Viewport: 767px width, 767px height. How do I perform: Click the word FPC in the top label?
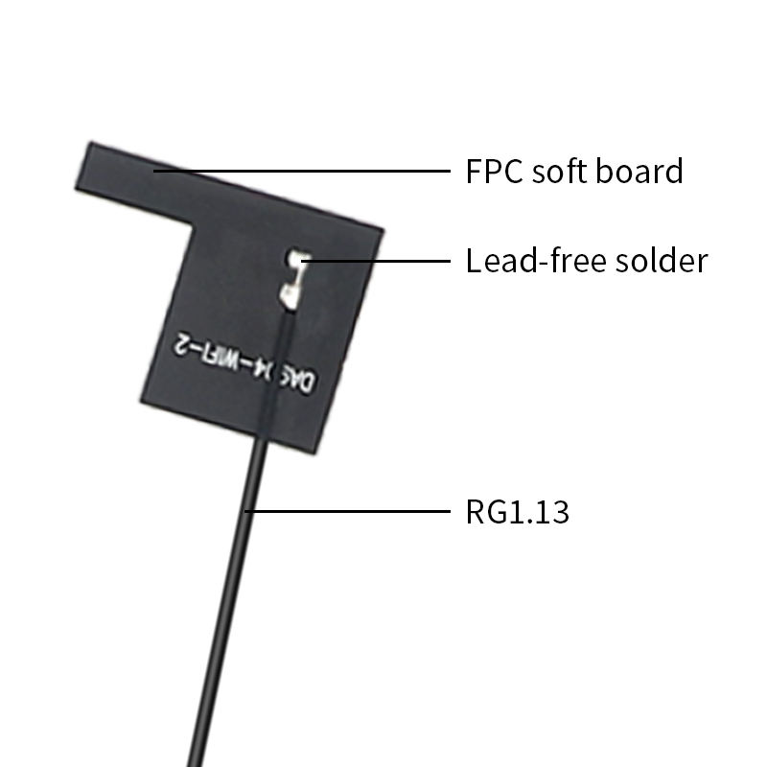[x=494, y=172]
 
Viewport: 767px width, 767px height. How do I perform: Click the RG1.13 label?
[x=517, y=512]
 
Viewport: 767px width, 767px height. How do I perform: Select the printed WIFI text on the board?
[x=231, y=357]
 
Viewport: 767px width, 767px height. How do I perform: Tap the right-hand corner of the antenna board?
[x=382, y=230]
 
